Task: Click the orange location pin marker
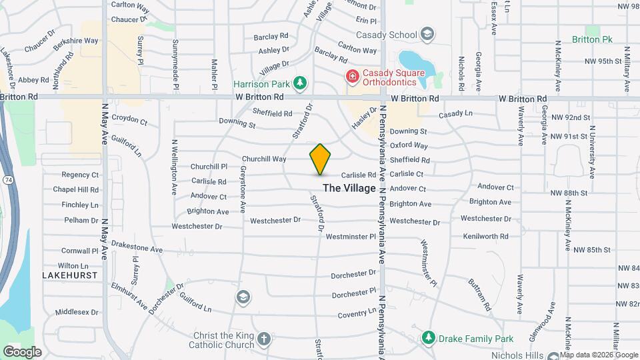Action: (321, 159)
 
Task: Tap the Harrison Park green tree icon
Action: (301, 82)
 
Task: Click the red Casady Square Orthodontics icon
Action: (351, 77)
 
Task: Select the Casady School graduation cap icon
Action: (426, 35)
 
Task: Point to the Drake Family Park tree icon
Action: (428, 338)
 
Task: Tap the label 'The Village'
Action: (349, 188)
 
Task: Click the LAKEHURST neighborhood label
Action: (70, 275)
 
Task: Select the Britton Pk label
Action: (592, 39)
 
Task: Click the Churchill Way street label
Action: (264, 159)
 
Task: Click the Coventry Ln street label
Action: (357, 314)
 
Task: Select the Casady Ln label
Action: (455, 113)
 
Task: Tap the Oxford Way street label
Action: (409, 145)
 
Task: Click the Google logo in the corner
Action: (22, 351)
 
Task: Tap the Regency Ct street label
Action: (80, 175)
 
